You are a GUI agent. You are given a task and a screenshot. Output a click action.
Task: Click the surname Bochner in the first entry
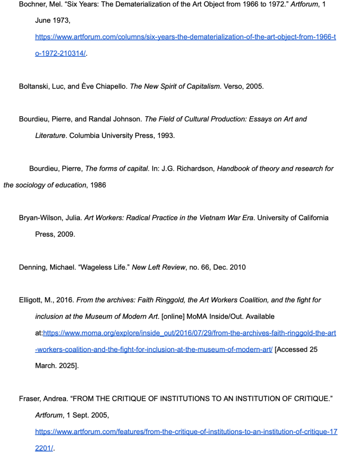click(33, 4)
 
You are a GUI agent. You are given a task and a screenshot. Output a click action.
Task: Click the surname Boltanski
click(34, 86)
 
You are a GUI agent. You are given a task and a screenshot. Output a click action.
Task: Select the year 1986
click(98, 185)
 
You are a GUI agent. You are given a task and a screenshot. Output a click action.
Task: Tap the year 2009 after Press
click(66, 234)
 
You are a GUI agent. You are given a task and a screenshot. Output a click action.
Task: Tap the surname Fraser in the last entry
click(29, 399)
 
